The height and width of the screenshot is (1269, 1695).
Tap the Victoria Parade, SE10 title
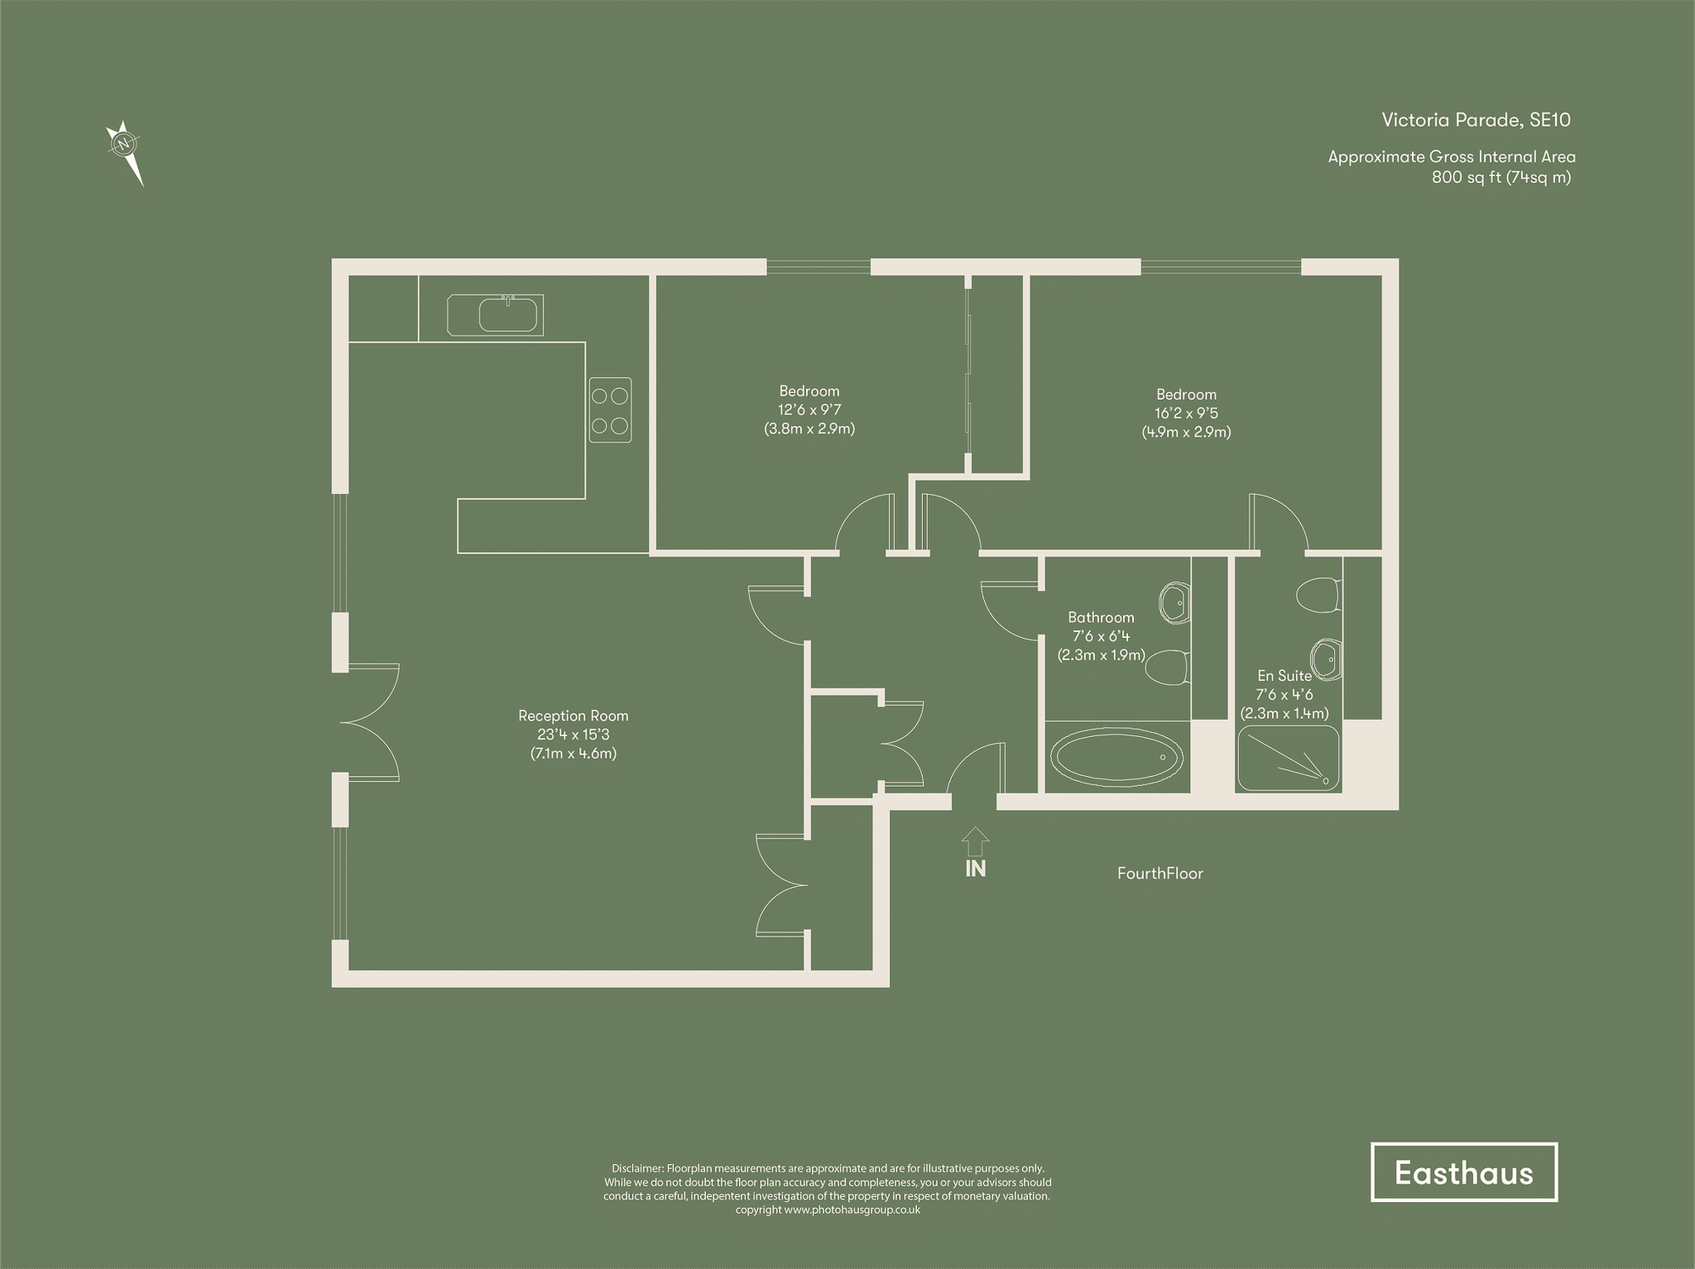[1475, 119]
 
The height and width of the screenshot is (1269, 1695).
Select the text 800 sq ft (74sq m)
[1501, 177]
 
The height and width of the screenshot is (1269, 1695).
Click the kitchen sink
[507, 315]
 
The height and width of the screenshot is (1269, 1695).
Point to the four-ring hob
[610, 409]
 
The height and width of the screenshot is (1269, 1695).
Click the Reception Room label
[573, 716]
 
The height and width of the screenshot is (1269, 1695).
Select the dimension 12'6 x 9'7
[809, 410]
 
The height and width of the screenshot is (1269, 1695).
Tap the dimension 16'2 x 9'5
[1186, 413]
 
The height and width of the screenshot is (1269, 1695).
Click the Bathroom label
[1100, 618]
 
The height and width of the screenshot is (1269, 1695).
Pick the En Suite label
[1284, 675]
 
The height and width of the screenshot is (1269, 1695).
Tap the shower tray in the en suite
[1287, 758]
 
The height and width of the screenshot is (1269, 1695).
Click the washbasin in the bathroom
[1174, 602]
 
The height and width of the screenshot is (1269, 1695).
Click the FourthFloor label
[1159, 873]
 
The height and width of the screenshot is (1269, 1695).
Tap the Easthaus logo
[1464, 1172]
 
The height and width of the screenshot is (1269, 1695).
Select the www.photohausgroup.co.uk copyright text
[852, 1210]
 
